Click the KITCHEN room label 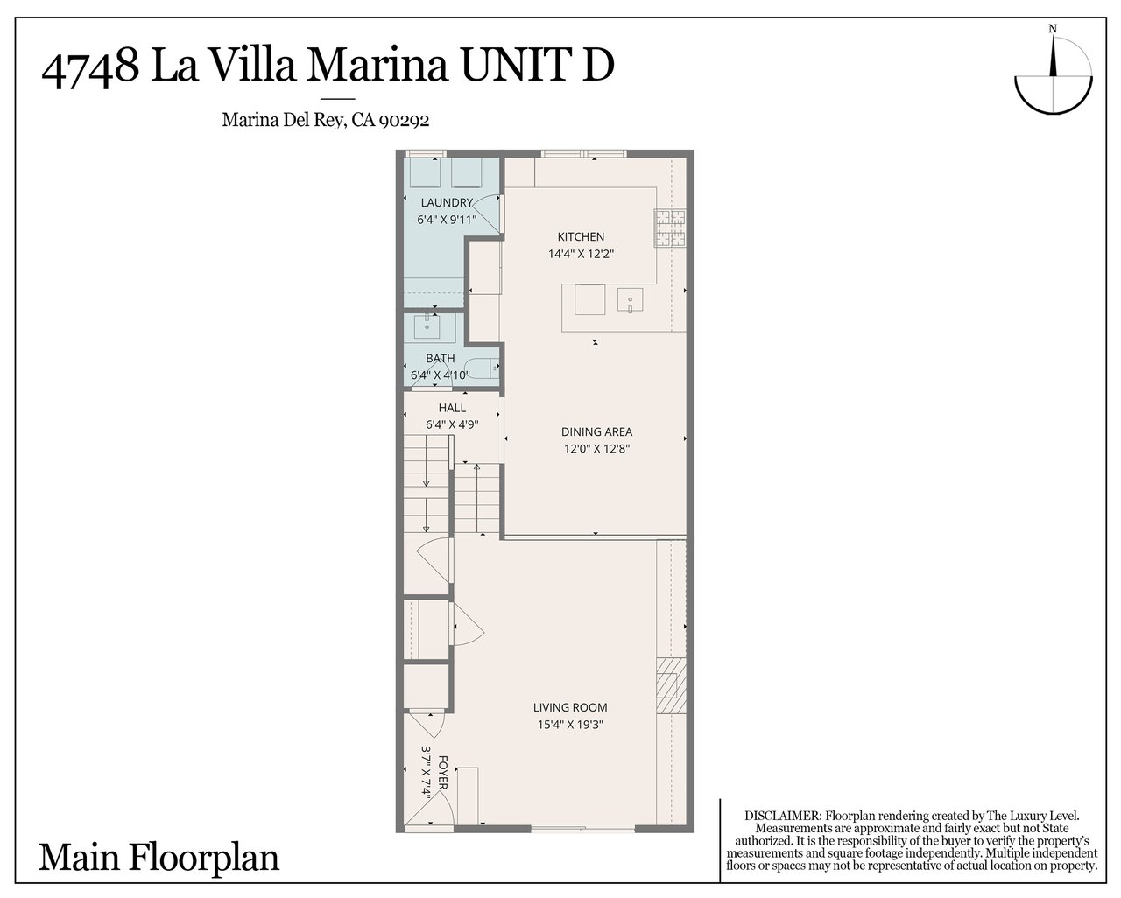[582, 236]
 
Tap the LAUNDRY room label [447, 203]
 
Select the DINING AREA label [596, 431]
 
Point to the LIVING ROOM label [570, 707]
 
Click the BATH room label [441, 358]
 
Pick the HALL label [452, 408]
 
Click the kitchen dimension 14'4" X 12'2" [582, 254]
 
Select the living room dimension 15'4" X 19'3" [570, 724]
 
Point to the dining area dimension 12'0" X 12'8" [596, 448]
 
